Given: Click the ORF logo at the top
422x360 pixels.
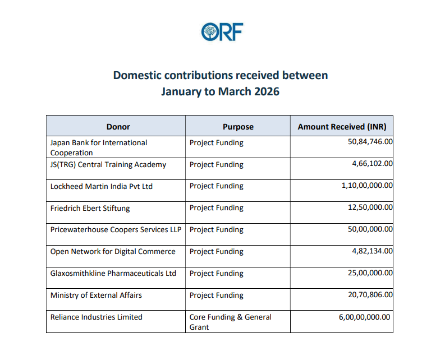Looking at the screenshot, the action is pyautogui.click(x=222, y=32).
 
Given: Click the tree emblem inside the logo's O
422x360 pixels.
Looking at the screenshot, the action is pyautogui.click(x=210, y=32).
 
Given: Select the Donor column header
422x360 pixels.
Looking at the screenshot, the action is pyautogui.click(x=118, y=127).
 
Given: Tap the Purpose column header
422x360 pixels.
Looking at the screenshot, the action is pyautogui.click(x=238, y=127).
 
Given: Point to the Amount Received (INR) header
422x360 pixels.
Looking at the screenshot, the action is pyautogui.click(x=342, y=127).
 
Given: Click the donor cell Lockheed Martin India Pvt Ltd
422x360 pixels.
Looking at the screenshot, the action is pyautogui.click(x=102, y=186).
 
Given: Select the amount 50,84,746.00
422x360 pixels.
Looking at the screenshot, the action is pyautogui.click(x=370, y=141).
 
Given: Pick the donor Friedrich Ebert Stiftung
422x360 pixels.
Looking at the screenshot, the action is pyautogui.click(x=90, y=209).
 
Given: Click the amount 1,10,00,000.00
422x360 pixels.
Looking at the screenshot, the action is pyautogui.click(x=367, y=185).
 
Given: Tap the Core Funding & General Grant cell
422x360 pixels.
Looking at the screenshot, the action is pyautogui.click(x=231, y=322).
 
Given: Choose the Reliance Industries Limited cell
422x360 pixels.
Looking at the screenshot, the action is pyautogui.click(x=97, y=317).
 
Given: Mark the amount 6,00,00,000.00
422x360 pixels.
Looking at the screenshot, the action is pyautogui.click(x=364, y=317).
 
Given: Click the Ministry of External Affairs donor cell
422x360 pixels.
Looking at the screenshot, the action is pyautogui.click(x=96, y=295).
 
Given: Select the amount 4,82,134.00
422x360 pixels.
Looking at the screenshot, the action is pyautogui.click(x=372, y=251).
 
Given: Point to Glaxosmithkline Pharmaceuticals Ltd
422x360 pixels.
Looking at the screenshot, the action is pyautogui.click(x=113, y=273).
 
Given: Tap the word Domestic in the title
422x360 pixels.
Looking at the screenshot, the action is pyautogui.click(x=137, y=75).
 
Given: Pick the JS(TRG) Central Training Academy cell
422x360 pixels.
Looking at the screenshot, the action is pyautogui.click(x=108, y=164).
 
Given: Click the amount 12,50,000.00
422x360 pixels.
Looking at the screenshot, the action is pyautogui.click(x=370, y=207).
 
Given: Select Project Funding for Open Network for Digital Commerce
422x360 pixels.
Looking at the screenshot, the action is pyautogui.click(x=217, y=252).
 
